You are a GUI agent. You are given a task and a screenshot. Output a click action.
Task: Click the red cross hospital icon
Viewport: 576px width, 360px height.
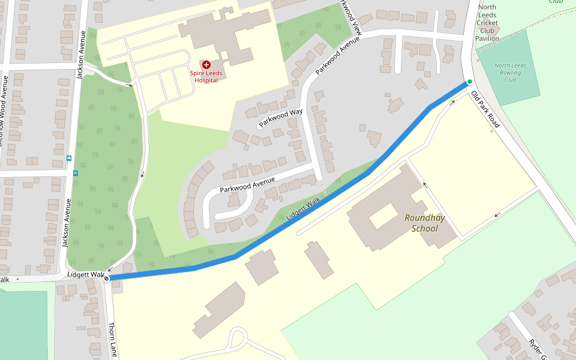(x=206, y=64)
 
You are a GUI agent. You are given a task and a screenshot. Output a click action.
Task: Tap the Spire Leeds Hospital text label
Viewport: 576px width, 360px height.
(x=206, y=76)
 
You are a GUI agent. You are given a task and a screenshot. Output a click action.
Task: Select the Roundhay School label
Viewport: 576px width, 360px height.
(x=424, y=223)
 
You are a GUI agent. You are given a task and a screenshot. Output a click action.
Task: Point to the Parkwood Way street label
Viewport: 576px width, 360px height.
(x=280, y=118)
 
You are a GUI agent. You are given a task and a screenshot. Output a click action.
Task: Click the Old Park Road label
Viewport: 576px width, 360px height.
(x=485, y=110)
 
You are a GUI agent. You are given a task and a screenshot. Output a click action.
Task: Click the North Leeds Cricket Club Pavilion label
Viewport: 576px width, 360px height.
(x=487, y=23)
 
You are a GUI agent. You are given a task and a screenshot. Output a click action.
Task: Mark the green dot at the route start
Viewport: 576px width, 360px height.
(x=470, y=82)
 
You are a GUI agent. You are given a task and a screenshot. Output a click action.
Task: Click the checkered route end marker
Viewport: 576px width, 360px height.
(x=106, y=278)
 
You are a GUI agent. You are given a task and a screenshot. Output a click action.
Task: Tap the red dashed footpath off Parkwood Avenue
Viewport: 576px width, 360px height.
(x=323, y=188)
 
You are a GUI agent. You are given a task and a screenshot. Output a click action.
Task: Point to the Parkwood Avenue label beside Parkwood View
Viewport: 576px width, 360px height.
(x=337, y=55)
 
